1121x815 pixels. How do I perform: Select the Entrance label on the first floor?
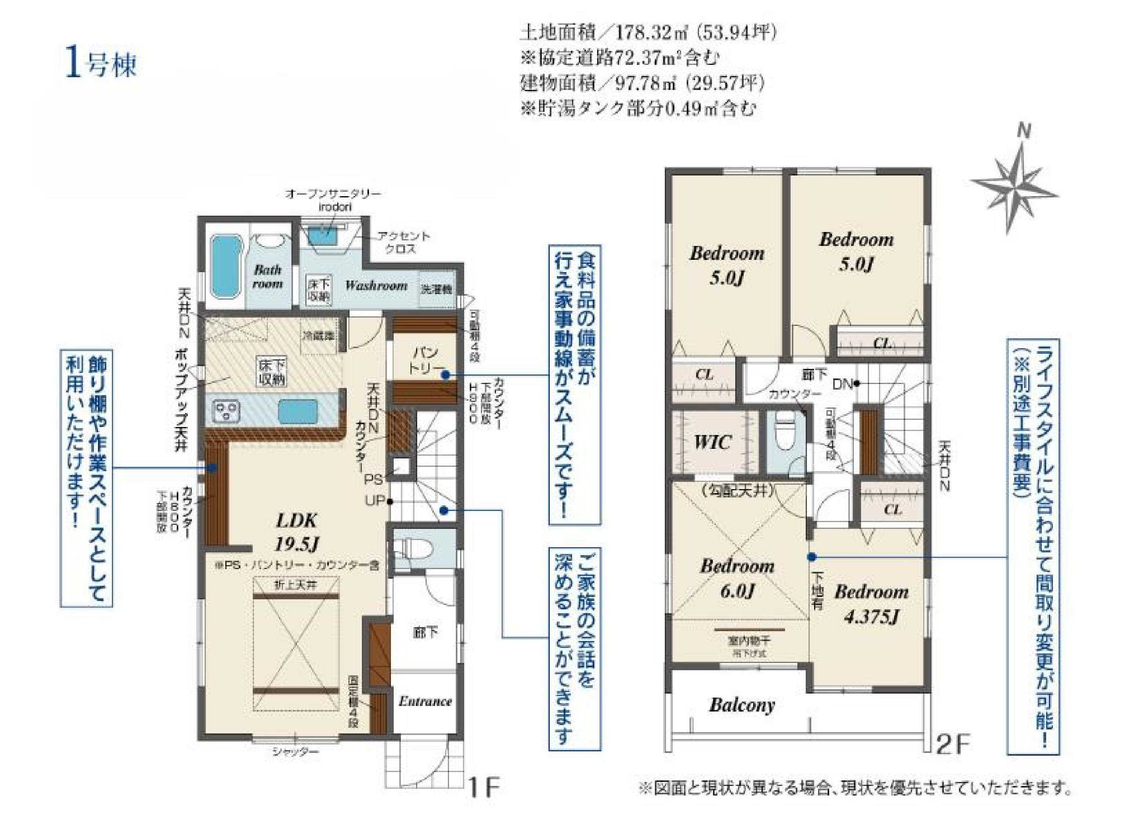click(425, 701)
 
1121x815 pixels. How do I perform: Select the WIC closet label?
click(712, 441)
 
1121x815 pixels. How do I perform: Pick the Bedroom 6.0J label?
click(736, 578)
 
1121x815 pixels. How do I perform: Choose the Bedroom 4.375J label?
click(871, 604)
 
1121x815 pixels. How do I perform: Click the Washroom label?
click(376, 285)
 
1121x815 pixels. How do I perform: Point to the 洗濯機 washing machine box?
click(436, 289)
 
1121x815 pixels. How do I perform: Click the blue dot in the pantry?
click(444, 375)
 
